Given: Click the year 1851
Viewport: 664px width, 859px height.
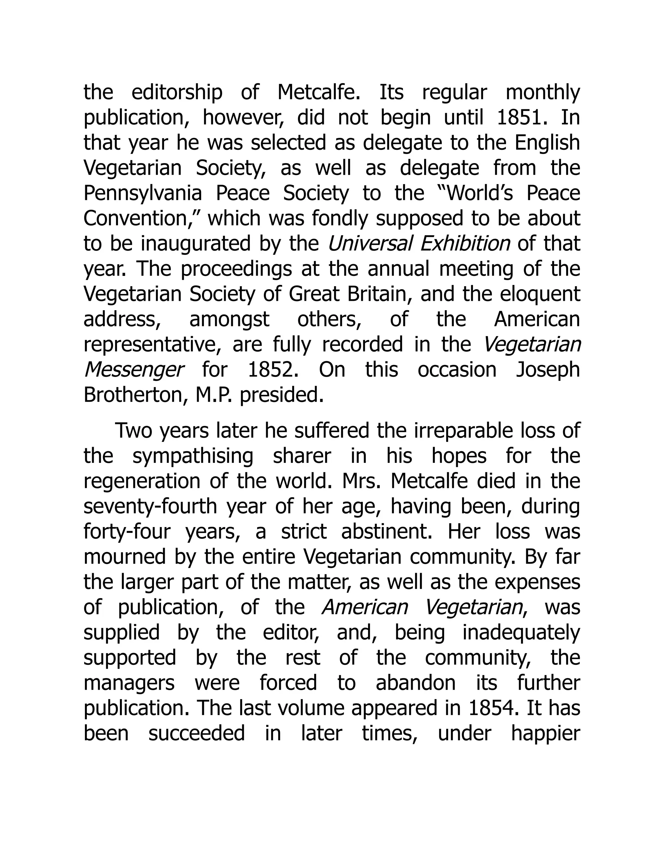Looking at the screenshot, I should [522, 118].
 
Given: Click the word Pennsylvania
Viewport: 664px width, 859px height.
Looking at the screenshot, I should [143, 194].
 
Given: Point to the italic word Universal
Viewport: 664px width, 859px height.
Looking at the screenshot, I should [370, 243].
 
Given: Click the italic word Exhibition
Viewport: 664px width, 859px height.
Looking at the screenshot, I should [465, 243].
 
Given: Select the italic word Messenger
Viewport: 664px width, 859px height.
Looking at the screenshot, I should [134, 370].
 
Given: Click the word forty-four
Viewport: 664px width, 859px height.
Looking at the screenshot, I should [127, 531].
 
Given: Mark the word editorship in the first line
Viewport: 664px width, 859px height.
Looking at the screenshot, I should [177, 92].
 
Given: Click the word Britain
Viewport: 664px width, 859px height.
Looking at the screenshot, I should [380, 294].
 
